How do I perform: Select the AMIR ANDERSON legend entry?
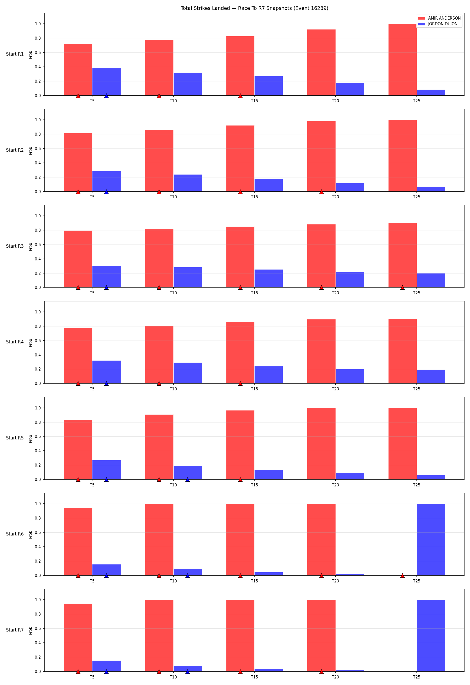pos(439,18)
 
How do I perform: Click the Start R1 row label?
pos(15,54)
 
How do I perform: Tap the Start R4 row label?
pos(15,342)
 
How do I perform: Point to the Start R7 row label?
pos(15,630)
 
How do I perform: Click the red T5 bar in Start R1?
pos(78,70)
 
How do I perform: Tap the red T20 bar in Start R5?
pos(321,444)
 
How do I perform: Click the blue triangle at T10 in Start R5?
pos(187,480)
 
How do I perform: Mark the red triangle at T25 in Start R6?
pos(402,576)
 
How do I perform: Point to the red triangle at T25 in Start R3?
pos(402,287)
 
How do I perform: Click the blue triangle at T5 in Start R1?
pos(107,96)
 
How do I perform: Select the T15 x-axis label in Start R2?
pos(255,197)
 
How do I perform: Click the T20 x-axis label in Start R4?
pos(336,389)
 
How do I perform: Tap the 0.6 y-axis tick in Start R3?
pos(38,245)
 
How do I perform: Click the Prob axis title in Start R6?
pos(30,535)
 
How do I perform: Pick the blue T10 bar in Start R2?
pos(187,183)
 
